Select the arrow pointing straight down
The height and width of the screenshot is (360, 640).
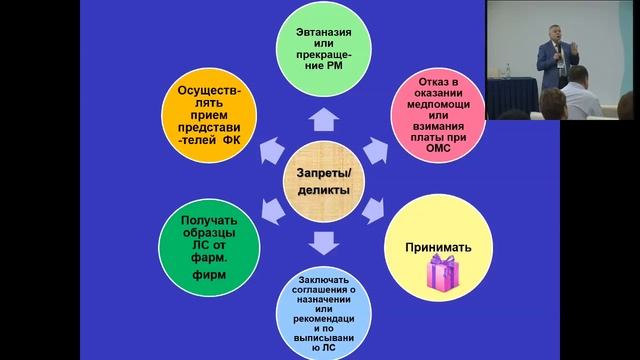pos(322,243)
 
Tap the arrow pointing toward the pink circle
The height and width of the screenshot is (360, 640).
pos(372,150)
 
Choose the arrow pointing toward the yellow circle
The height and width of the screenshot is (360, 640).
pos(372,210)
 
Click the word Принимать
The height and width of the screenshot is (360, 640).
pos(437,245)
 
